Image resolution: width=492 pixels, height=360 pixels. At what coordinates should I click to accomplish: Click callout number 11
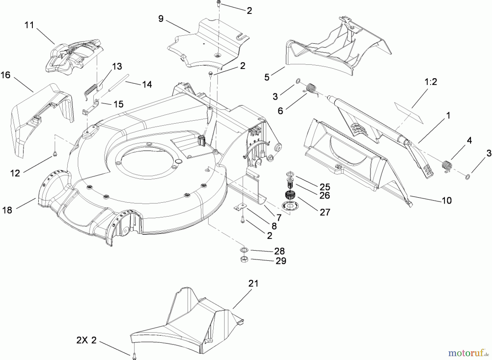(x=29, y=25)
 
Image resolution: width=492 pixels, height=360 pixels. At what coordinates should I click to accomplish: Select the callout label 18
(x=7, y=210)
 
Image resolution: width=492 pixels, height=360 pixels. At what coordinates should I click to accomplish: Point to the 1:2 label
(x=431, y=82)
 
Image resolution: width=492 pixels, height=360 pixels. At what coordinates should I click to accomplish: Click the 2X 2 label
(x=86, y=341)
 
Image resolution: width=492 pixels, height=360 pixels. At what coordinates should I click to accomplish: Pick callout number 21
(x=253, y=283)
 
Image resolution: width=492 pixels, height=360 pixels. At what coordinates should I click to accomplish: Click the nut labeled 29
(x=243, y=259)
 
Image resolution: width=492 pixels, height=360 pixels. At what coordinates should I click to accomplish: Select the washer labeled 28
(x=243, y=250)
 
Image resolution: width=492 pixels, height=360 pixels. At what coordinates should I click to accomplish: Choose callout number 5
(x=267, y=77)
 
